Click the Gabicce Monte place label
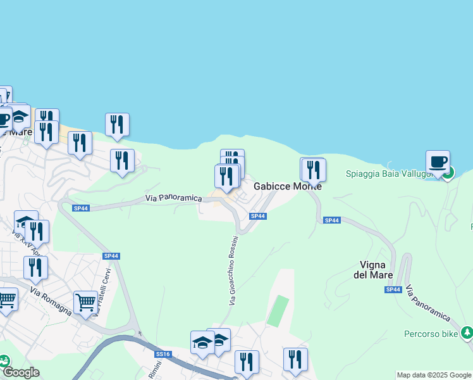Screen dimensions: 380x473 [288, 187]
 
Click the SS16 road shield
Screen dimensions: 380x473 [163, 354]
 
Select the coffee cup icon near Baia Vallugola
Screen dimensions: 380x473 [438, 161]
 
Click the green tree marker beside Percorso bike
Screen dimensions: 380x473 [467, 332]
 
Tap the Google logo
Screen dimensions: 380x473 [21, 372]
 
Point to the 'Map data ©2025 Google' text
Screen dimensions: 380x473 [434, 375]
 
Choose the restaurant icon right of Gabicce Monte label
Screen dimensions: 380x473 [313, 169]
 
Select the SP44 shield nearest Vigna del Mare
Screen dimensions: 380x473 [393, 289]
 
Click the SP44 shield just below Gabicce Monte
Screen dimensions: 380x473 [257, 216]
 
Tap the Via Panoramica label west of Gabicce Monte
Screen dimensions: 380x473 [173, 198]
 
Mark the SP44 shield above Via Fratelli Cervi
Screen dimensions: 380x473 [111, 256]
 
